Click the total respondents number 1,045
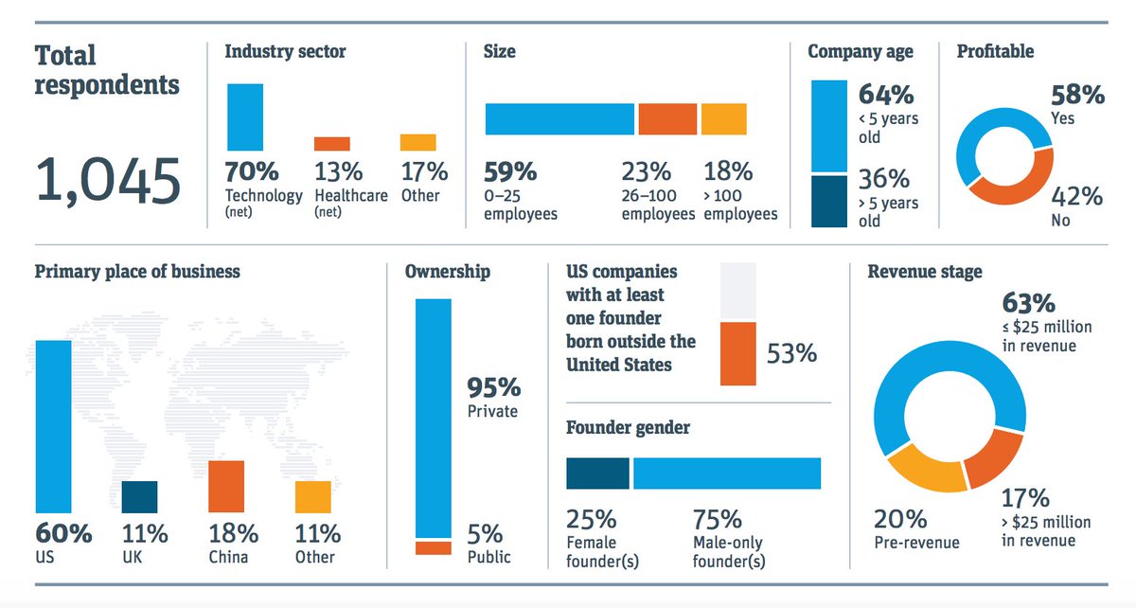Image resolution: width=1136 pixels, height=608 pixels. [107, 181]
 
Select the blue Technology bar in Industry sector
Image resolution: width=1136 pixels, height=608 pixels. [245, 116]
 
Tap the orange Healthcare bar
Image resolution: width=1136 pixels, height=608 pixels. [331, 144]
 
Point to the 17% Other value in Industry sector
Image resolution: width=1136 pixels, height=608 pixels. [423, 172]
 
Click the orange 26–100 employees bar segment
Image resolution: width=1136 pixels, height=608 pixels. [666, 119]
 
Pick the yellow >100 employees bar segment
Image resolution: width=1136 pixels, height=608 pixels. [723, 119]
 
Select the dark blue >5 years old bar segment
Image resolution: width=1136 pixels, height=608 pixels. [829, 201]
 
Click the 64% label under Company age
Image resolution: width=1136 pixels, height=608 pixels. [885, 96]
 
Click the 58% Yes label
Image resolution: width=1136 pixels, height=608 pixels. [1077, 95]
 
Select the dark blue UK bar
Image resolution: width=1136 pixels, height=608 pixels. [139, 497]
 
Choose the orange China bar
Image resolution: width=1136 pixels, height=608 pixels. [226, 487]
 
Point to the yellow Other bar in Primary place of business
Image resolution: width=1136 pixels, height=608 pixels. [312, 497]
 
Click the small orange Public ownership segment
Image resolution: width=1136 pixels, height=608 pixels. [434, 547]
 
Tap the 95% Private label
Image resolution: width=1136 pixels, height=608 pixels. [493, 388]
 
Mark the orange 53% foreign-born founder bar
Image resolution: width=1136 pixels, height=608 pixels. [737, 353]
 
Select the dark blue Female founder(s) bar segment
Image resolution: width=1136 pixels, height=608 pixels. [597, 474]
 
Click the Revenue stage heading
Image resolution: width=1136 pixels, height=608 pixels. [925, 272]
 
